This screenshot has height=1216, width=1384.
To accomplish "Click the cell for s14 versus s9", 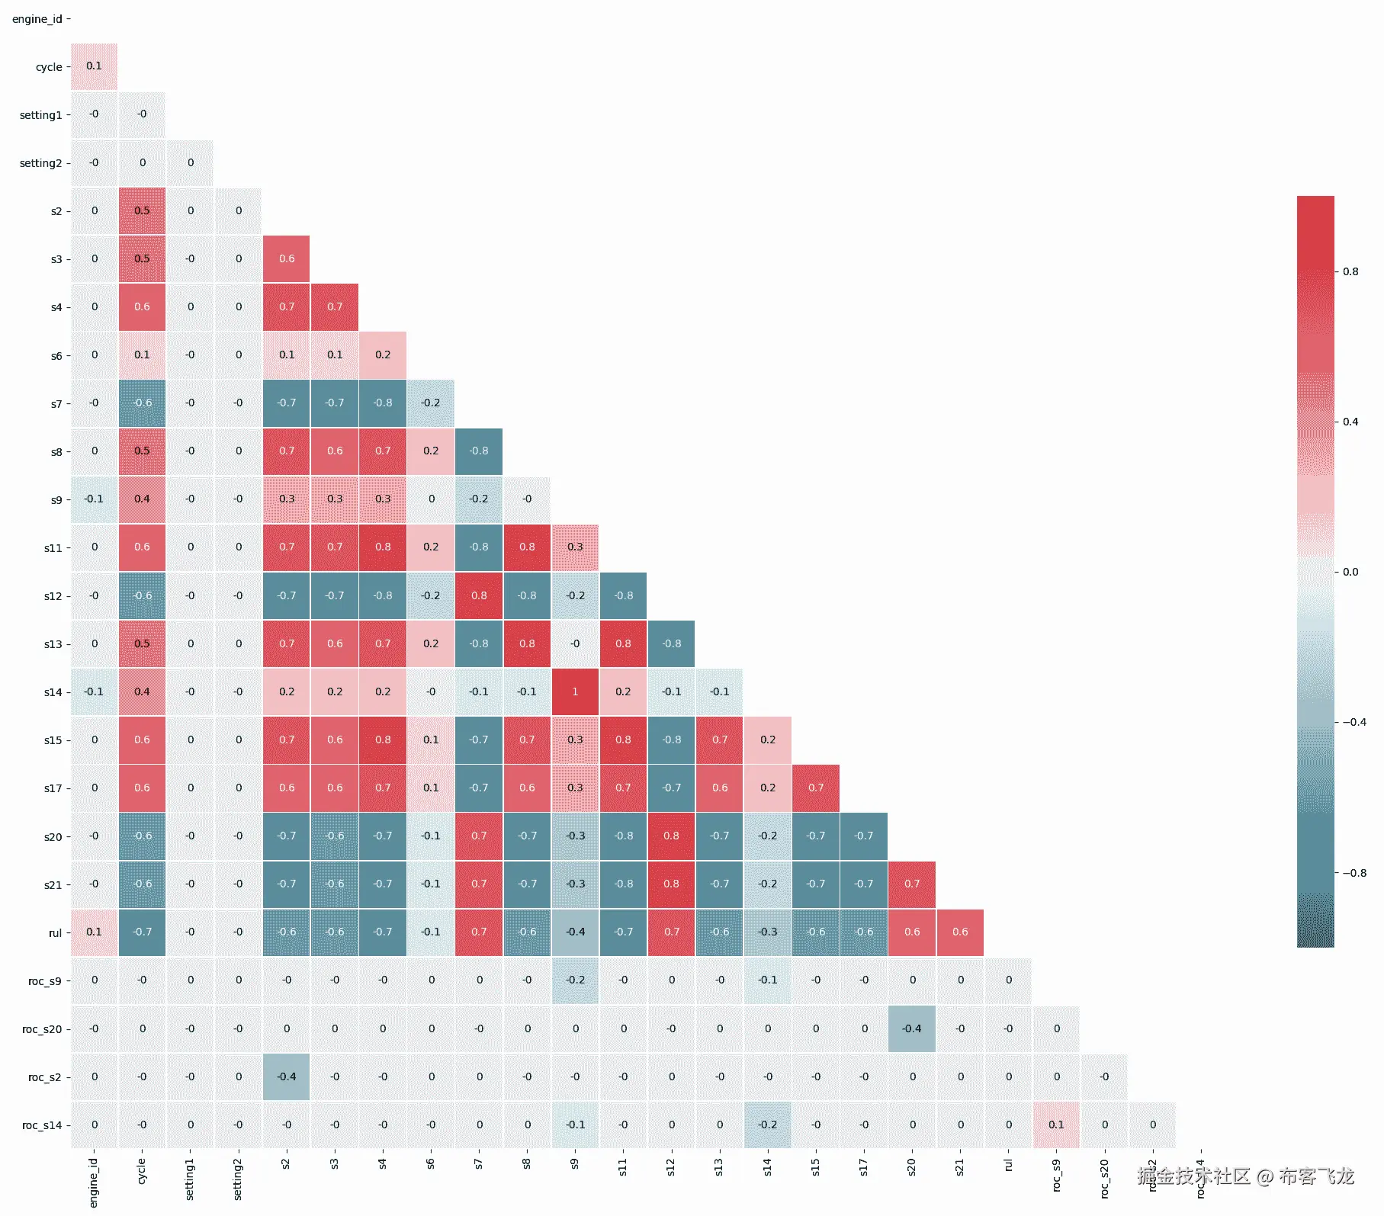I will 575,691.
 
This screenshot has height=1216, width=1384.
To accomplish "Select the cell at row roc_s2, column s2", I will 287,1076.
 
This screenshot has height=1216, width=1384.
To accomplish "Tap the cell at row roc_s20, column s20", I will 912,1028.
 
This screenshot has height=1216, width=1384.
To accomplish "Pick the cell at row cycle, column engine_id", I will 94,66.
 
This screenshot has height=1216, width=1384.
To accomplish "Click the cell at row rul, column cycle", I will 143,932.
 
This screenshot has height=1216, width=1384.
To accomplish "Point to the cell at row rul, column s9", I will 575,932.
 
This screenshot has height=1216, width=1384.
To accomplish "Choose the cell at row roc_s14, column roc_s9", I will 1056,1125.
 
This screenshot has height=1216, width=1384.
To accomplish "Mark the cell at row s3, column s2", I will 287,258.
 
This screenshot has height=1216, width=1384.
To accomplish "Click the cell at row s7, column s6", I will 431,403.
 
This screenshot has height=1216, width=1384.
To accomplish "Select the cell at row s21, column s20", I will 912,884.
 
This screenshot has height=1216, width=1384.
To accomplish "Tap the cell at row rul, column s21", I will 960,932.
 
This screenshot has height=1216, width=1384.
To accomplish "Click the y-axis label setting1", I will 40,115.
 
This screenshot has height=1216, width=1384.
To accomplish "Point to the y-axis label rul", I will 55,932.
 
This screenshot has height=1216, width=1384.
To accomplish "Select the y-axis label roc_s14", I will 42,1125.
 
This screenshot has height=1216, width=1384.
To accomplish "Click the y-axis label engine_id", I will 37,19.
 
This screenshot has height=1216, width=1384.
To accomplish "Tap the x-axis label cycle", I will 142,1172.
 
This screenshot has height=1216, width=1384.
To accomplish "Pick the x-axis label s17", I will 863,1168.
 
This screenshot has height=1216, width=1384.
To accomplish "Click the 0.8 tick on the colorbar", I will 1350,271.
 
